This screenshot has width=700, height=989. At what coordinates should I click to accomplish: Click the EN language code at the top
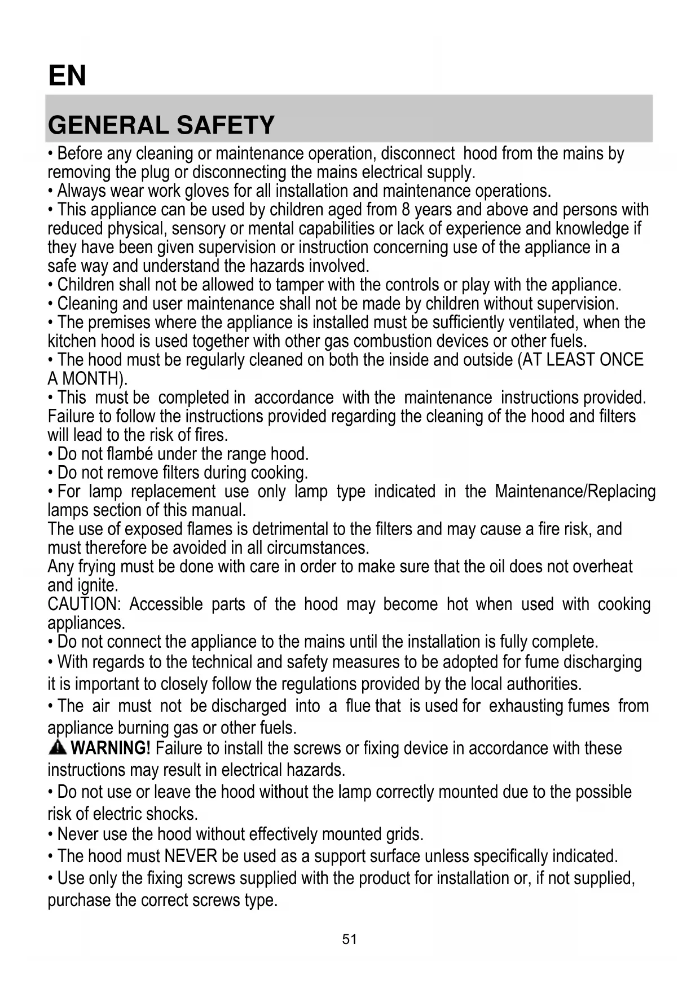(x=67, y=76)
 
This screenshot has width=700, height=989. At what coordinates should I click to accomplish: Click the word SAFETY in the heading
(x=226, y=125)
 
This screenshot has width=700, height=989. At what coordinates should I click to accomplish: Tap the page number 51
(x=350, y=939)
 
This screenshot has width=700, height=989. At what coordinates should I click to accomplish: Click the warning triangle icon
(x=58, y=748)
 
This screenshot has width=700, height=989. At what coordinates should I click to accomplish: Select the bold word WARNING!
(x=111, y=748)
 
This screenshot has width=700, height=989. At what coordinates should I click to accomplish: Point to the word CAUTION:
(x=84, y=604)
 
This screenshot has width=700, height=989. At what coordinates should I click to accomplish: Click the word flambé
(x=130, y=454)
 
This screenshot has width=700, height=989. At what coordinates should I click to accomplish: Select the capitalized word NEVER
(x=191, y=856)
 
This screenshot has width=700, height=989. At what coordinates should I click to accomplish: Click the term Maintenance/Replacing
(x=575, y=492)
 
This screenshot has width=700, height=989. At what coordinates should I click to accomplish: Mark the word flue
(x=357, y=706)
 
